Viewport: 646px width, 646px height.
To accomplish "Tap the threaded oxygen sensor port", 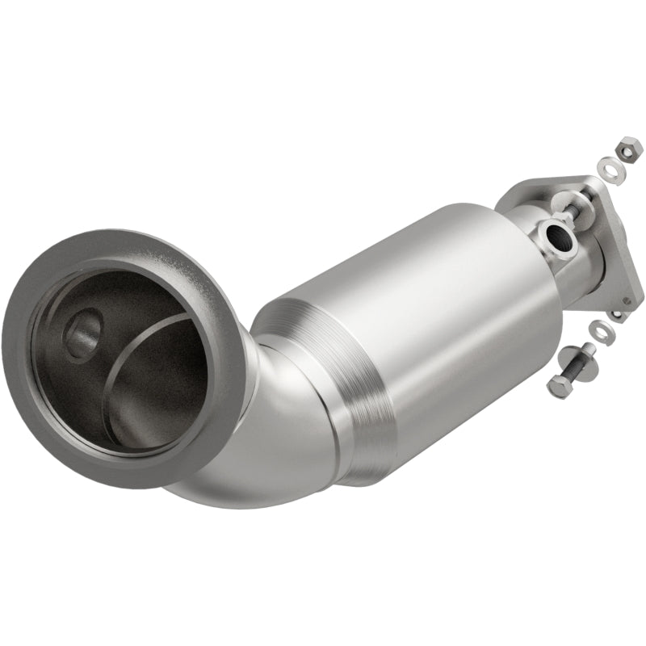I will pos(556,237).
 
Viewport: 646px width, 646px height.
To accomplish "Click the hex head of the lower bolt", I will pos(559,383).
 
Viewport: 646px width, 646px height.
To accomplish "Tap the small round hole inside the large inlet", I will pos(85,329).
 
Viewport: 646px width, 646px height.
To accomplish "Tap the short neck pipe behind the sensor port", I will pos(529,218).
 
